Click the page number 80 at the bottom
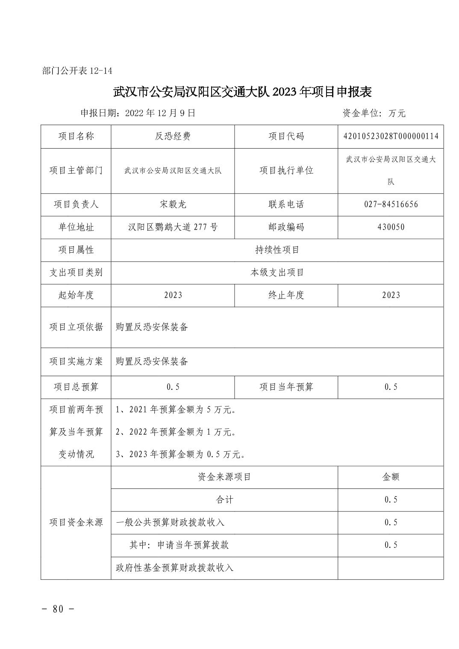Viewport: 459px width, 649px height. click(58, 608)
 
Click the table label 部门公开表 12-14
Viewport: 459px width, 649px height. click(77, 71)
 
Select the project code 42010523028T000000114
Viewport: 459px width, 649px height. click(391, 136)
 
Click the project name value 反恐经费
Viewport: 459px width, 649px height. click(173, 136)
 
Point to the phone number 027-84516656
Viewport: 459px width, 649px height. click(391, 205)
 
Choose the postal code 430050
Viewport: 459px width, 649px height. click(391, 227)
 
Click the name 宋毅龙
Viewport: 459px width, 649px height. click(173, 205)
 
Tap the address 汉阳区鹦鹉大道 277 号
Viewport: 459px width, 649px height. click(173, 227)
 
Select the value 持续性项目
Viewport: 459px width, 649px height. click(277, 250)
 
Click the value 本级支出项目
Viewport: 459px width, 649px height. click(277, 272)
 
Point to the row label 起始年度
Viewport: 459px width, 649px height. click(76, 295)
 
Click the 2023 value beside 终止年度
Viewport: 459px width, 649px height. click(391, 295)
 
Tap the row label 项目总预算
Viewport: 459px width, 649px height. click(76, 387)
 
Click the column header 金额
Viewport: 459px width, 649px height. click(391, 477)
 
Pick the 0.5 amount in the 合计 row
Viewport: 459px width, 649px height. click(391, 500)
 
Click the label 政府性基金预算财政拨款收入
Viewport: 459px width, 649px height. click(175, 568)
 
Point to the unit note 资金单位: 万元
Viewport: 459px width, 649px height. click(374, 113)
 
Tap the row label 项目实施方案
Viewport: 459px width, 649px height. click(76, 361)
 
